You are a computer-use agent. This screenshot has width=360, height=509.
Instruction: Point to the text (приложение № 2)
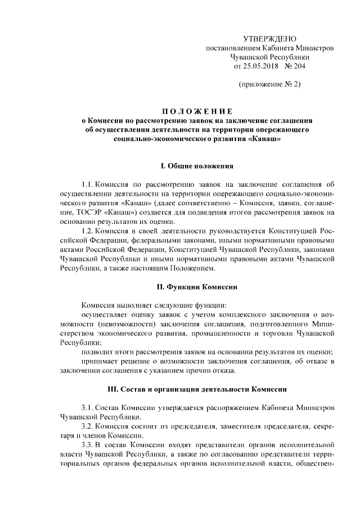pos(269,84)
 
